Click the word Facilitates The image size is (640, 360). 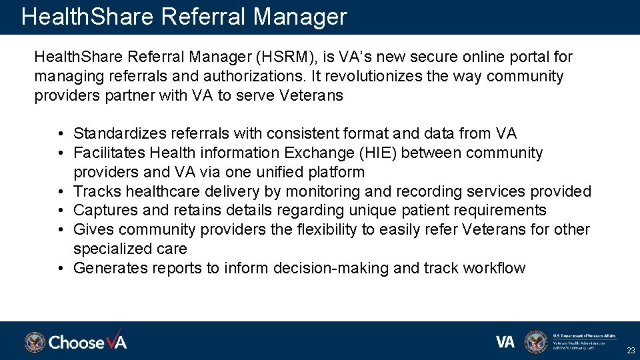tap(109, 153)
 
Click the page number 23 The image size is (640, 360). tap(630, 350)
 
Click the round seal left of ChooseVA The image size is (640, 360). tap(35, 342)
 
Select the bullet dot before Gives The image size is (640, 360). tap(60, 230)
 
